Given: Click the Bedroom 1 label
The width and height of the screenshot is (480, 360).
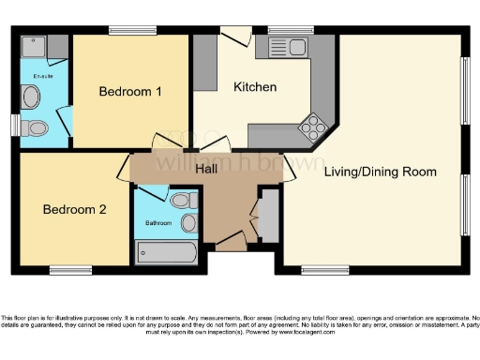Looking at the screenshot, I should [x=132, y=92].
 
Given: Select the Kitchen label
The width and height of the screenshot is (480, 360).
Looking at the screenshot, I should [x=255, y=87].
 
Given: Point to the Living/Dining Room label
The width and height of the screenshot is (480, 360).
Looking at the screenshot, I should [x=381, y=172].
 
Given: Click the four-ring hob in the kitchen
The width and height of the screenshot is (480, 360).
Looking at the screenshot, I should [x=311, y=127].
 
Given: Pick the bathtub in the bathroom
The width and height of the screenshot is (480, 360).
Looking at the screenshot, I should [x=167, y=252].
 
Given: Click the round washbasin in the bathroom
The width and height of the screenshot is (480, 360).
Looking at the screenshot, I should [x=188, y=223].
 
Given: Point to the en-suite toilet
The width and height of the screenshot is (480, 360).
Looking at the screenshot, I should [x=34, y=127].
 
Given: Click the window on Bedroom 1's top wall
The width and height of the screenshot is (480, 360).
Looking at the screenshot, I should [x=132, y=31].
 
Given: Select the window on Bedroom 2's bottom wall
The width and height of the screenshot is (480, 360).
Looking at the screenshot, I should [x=70, y=270].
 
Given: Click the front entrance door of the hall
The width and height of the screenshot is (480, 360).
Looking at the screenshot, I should [x=230, y=245].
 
